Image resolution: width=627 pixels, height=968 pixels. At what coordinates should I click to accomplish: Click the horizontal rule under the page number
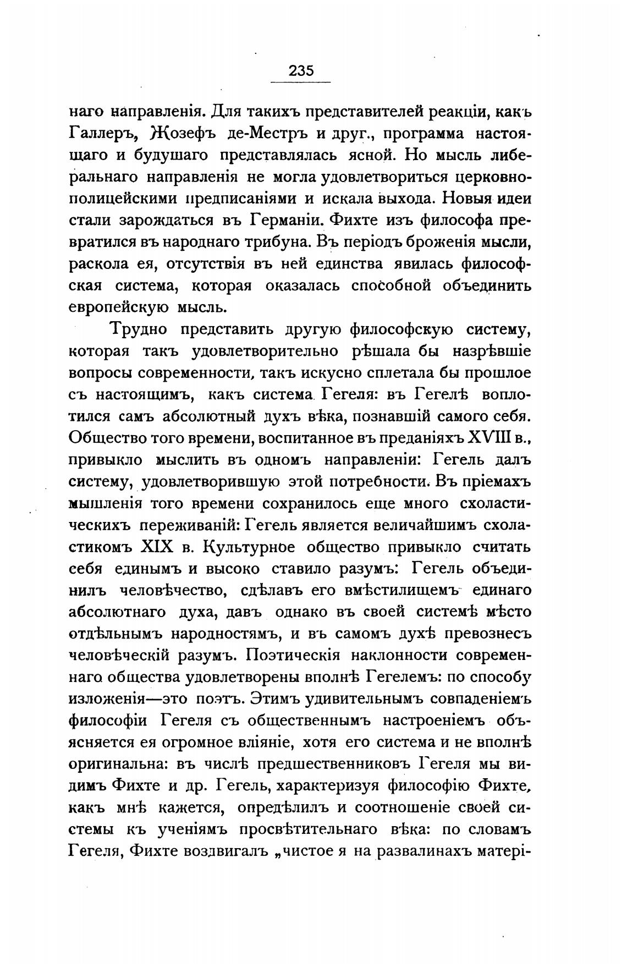click(x=301, y=82)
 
